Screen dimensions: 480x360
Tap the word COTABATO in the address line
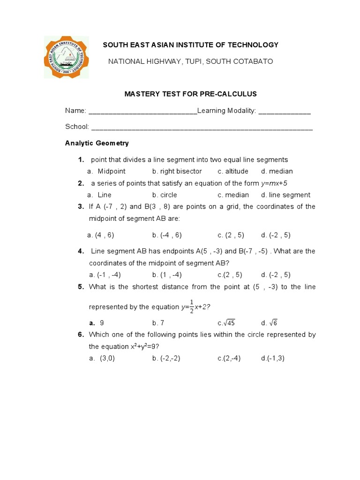tap(253, 61)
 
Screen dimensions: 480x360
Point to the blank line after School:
tap(202, 127)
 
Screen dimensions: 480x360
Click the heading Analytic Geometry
tap(97, 143)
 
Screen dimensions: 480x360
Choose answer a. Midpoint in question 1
tap(106, 171)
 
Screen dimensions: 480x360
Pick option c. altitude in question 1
tap(232, 171)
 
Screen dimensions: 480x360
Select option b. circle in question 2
tap(165, 195)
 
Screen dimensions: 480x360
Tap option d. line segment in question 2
tap(285, 195)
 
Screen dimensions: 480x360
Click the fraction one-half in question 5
tap(191, 307)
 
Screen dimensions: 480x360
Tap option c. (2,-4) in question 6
tap(229, 358)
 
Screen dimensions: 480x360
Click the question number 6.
tap(81, 334)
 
